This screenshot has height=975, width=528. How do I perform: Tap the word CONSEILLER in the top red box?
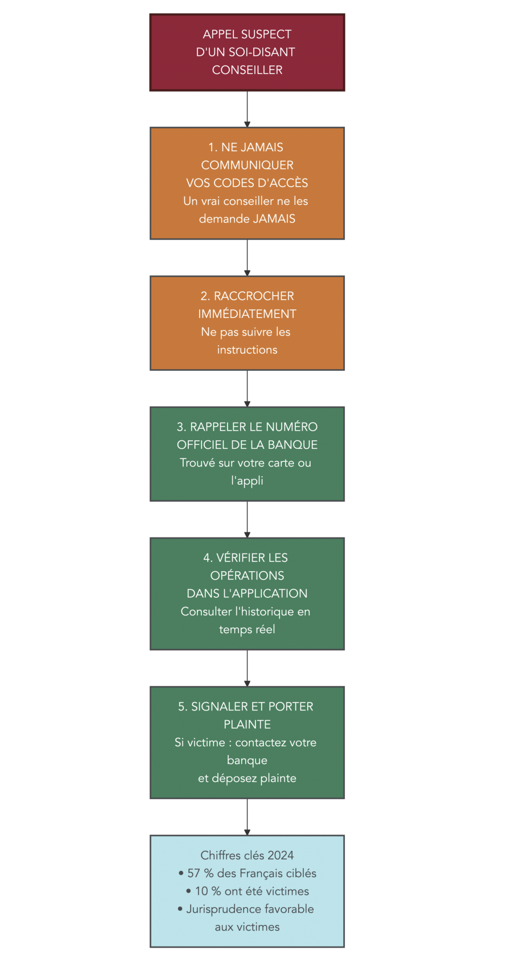(247, 70)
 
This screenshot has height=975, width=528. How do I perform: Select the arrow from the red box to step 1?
(247, 109)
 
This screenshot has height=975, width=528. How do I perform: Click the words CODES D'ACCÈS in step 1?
(267, 183)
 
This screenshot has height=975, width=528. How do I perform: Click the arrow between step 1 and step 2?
(247, 257)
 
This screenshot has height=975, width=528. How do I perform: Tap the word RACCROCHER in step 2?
(254, 296)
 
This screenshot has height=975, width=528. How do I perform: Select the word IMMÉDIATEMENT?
(247, 314)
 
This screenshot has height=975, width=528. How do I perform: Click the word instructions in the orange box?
(247, 350)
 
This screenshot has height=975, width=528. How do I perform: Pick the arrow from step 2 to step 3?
(247, 388)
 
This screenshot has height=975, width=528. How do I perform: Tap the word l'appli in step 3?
(247, 481)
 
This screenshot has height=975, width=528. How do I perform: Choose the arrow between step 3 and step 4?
(247, 519)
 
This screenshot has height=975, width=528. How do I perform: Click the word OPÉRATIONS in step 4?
(247, 576)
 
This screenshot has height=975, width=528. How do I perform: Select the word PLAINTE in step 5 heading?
(247, 725)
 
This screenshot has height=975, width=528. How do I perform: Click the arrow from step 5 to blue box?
(247, 816)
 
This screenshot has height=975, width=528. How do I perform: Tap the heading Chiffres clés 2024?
(247, 856)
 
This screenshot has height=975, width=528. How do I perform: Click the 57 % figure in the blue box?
(200, 873)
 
